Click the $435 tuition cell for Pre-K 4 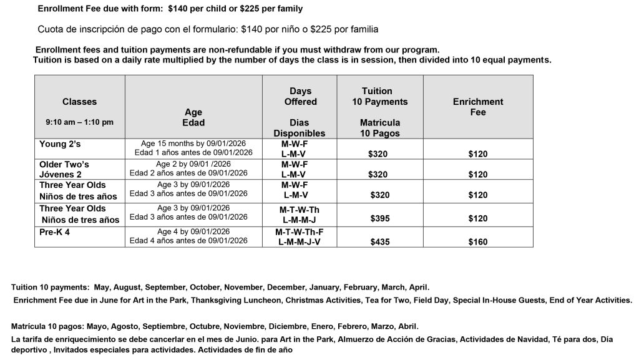coord(380,242)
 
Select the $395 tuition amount coord(380,218)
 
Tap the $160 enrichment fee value coord(477,242)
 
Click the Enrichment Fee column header coord(477,107)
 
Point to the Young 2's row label coord(60,144)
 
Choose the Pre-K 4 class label coord(55,231)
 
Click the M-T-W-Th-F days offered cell coord(300,231)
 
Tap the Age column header coord(193,117)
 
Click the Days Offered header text coord(300,96)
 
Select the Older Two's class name coord(64,165)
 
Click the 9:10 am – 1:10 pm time coord(79,123)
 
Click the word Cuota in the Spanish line coord(52,29)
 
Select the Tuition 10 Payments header coord(380,96)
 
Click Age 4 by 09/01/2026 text coord(193,231)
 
